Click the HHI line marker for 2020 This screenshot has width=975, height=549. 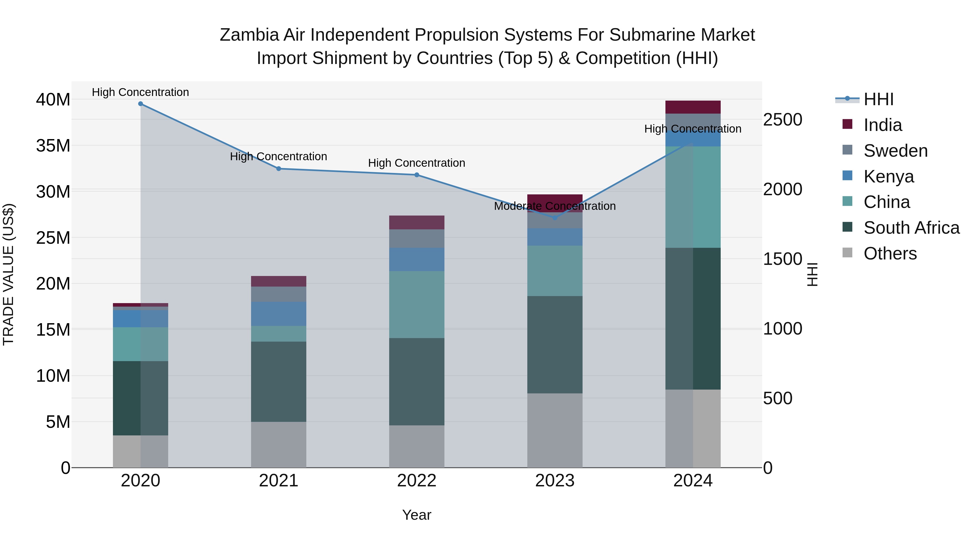pyautogui.click(x=140, y=104)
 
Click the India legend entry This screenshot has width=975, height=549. pyautogui.click(x=882, y=125)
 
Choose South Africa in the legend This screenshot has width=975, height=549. pyautogui.click(x=911, y=228)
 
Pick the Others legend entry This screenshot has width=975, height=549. pyautogui.click(x=890, y=253)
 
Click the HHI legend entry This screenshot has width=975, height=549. pyautogui.click(x=878, y=99)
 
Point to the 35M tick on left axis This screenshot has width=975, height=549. pyautogui.click(x=53, y=146)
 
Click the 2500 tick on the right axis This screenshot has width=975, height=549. pyautogui.click(x=782, y=120)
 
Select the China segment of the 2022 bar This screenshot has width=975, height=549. pyautogui.click(x=417, y=305)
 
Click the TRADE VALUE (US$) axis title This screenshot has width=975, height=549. pyautogui.click(x=8, y=274)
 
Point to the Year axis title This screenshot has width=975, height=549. pyautogui.click(x=417, y=515)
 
